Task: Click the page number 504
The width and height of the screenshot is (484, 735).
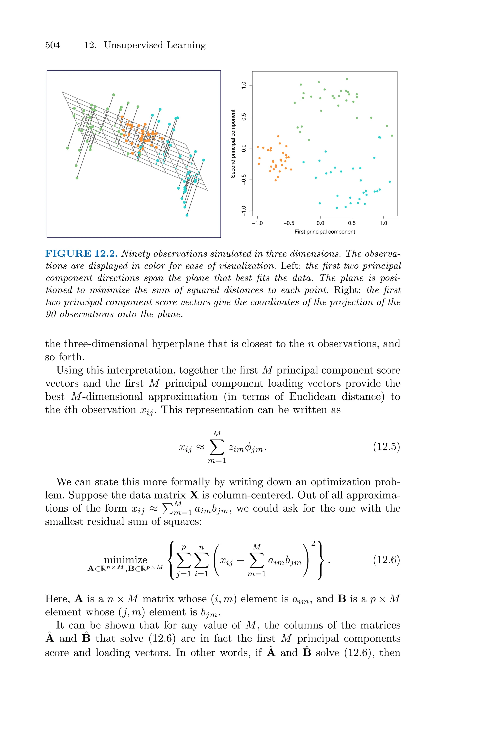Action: (x=52, y=45)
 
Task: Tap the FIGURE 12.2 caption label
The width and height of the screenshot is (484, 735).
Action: (x=82, y=254)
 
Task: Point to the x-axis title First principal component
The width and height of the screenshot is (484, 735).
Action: (x=324, y=232)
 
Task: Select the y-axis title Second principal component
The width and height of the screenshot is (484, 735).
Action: (x=233, y=144)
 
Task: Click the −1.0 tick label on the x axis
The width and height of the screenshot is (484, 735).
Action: (x=257, y=223)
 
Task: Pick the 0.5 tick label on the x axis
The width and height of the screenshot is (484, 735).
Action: (x=352, y=223)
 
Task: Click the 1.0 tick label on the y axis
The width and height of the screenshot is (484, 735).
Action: (x=244, y=85)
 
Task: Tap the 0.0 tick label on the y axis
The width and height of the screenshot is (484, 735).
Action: (x=244, y=148)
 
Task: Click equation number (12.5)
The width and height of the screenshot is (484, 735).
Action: (x=386, y=447)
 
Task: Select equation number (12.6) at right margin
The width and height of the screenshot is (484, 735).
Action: (x=386, y=560)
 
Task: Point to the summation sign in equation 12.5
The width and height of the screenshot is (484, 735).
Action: (x=217, y=447)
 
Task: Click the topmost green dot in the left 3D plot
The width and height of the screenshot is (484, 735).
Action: (x=114, y=95)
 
